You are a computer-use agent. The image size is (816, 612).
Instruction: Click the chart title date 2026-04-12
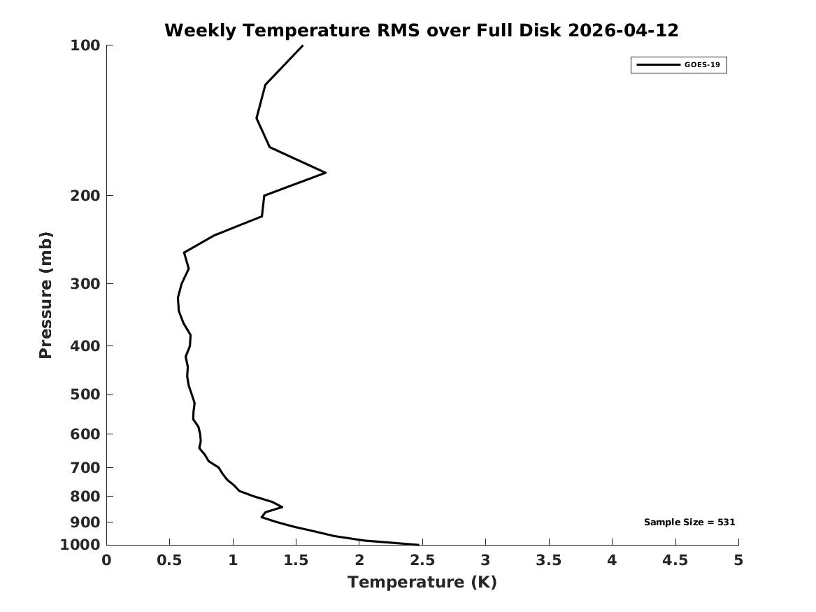pyautogui.click(x=623, y=31)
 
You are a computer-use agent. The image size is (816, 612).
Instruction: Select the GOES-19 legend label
pyautogui.click(x=702, y=65)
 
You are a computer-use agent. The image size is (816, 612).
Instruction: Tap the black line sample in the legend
pyautogui.click(x=658, y=65)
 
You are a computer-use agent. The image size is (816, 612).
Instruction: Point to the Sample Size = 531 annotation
pyautogui.click(x=689, y=522)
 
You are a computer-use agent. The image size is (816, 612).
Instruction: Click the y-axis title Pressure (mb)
pyautogui.click(x=45, y=295)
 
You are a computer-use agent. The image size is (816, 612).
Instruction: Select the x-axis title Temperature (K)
pyautogui.click(x=422, y=583)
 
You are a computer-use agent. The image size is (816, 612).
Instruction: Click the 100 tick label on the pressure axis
pyautogui.click(x=85, y=45)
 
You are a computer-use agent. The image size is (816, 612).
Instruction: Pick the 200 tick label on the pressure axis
pyautogui.click(x=85, y=196)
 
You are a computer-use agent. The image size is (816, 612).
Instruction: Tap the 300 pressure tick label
pyautogui.click(x=85, y=284)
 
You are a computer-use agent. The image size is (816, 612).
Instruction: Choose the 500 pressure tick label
pyautogui.click(x=85, y=394)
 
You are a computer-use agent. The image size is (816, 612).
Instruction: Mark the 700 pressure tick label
pyautogui.click(x=85, y=468)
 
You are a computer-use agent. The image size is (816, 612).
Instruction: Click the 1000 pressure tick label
pyautogui.click(x=80, y=545)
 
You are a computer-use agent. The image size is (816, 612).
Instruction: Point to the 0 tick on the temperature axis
pyautogui.click(x=107, y=560)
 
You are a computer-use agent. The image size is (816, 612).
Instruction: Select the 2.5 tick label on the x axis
pyautogui.click(x=422, y=560)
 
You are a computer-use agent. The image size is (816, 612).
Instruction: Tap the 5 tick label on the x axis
pyautogui.click(x=738, y=560)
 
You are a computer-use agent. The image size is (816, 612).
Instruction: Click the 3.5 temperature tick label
pyautogui.click(x=549, y=560)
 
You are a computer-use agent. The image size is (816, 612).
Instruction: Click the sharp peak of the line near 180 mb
pyautogui.click(x=325, y=172)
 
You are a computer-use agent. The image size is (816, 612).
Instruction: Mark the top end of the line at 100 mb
pyautogui.click(x=302, y=46)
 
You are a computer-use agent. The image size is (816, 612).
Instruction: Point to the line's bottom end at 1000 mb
pyautogui.click(x=418, y=545)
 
